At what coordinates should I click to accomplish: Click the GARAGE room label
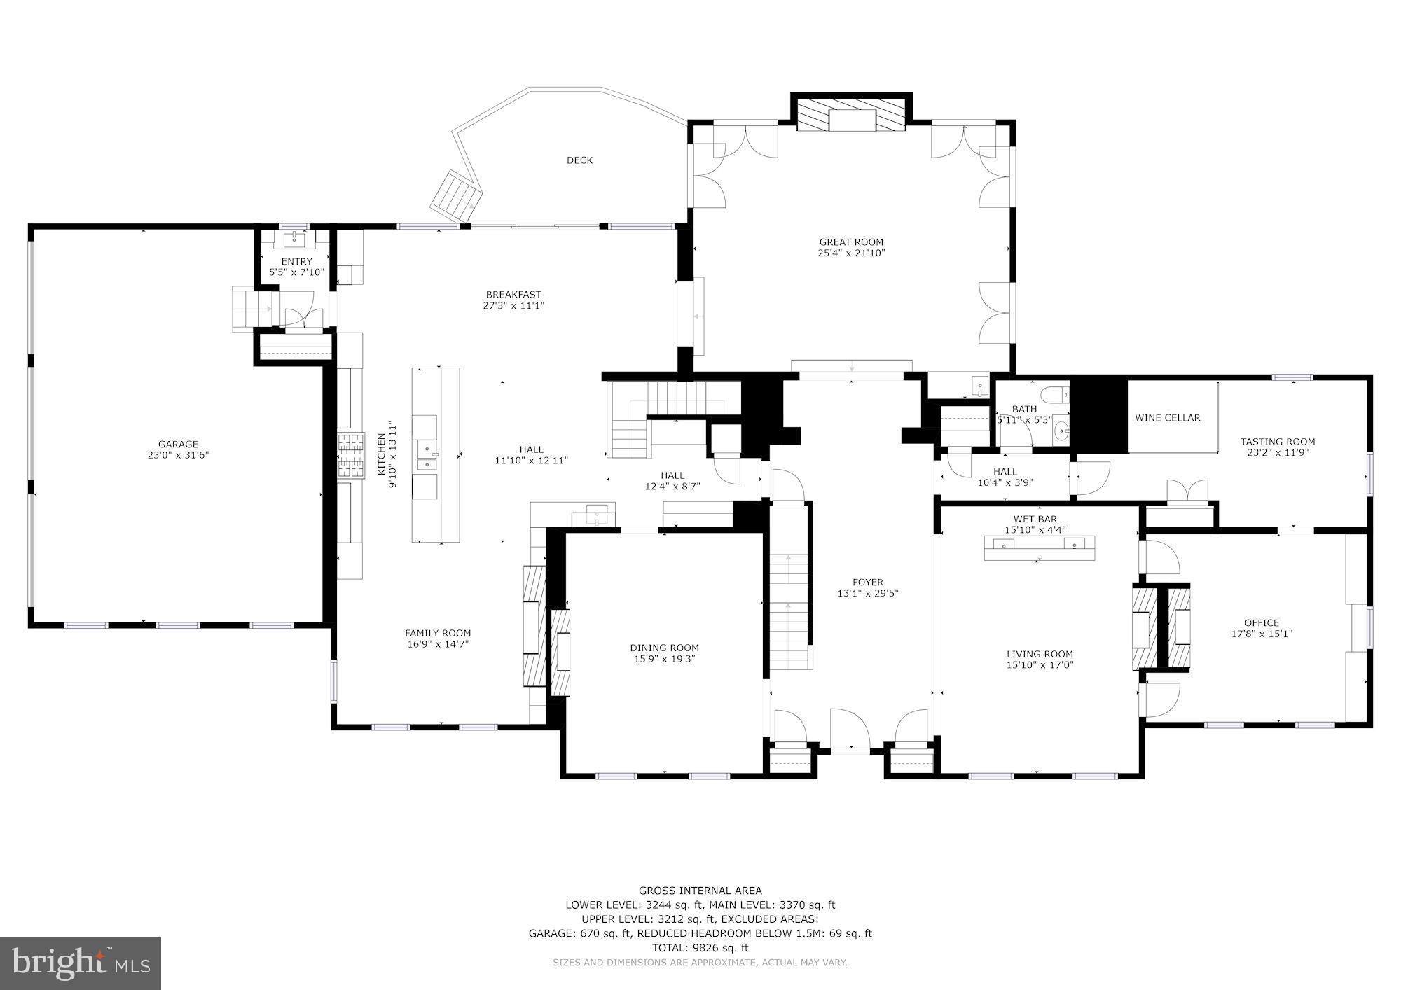click(x=178, y=444)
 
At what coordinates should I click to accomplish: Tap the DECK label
click(x=579, y=160)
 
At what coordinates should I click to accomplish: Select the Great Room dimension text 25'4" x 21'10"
click(x=851, y=253)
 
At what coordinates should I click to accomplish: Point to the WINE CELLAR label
click(x=1168, y=418)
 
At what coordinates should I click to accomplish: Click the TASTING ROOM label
click(x=1278, y=442)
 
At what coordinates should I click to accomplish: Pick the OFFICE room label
click(x=1262, y=622)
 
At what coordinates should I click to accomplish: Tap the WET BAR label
click(x=1035, y=519)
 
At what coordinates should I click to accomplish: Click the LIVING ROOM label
click(x=1040, y=654)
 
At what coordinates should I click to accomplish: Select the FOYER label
click(x=868, y=582)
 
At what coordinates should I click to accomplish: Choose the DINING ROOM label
click(x=664, y=648)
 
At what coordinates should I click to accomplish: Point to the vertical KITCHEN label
click(x=382, y=454)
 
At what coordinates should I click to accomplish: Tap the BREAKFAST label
click(x=513, y=295)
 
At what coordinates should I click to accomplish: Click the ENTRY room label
click(x=296, y=262)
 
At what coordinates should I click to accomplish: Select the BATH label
click(x=1024, y=410)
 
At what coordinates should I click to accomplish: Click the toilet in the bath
click(x=1054, y=394)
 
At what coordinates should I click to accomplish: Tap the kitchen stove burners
click(x=352, y=456)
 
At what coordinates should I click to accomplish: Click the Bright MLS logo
click(x=81, y=963)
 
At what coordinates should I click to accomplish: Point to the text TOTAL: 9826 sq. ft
click(x=700, y=948)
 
